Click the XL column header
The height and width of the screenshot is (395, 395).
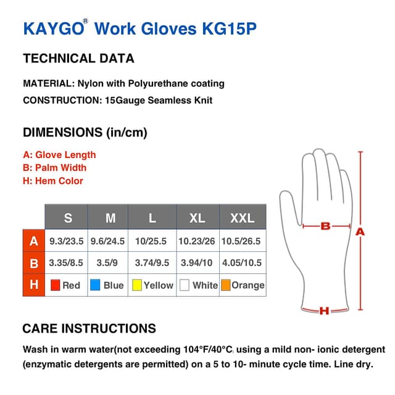click(x=197, y=218)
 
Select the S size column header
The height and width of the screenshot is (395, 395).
click(x=68, y=218)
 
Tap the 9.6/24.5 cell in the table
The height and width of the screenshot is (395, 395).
click(x=108, y=241)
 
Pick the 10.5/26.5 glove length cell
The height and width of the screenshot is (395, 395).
click(x=243, y=241)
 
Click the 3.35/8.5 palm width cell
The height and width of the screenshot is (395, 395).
click(x=67, y=263)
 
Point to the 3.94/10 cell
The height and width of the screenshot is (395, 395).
click(x=197, y=263)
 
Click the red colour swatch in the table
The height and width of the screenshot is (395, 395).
click(x=55, y=285)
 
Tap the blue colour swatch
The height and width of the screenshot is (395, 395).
click(x=96, y=285)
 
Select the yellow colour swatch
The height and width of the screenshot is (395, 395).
click(x=138, y=285)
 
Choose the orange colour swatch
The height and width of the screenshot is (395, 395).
click(x=226, y=285)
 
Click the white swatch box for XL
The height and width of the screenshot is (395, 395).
click(x=184, y=285)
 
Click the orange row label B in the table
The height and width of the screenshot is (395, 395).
click(x=34, y=263)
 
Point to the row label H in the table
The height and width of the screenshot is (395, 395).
click(x=34, y=285)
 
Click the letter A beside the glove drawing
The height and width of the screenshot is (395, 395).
click(x=360, y=231)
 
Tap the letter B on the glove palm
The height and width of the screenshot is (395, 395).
click(x=326, y=227)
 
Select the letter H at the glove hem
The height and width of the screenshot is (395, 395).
click(x=323, y=311)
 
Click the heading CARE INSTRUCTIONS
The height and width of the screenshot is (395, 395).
click(x=89, y=328)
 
